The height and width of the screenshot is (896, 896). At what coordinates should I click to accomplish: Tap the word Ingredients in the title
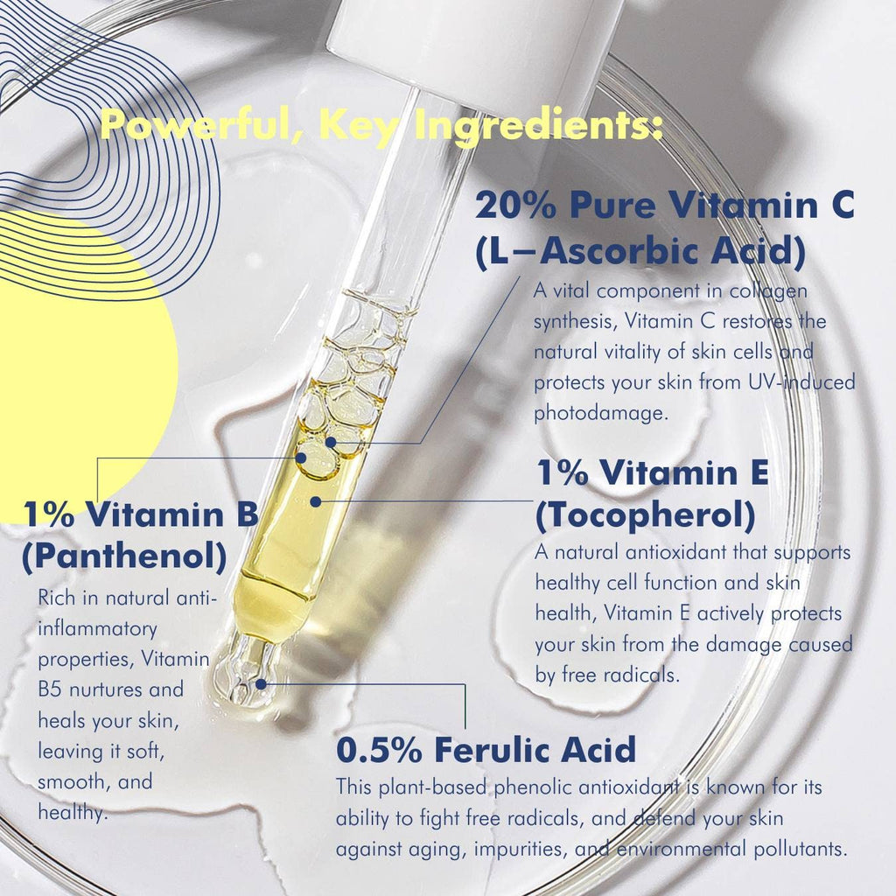coord(538,127)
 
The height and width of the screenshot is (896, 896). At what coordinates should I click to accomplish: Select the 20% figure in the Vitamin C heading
coord(515,205)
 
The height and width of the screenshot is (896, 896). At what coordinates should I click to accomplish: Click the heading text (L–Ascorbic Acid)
coord(640,251)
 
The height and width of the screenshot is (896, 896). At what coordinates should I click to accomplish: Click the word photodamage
coord(600,413)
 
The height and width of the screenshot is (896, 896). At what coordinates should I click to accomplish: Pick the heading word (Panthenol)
coord(124,556)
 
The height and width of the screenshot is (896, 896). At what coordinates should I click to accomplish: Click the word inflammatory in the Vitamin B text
coord(97,629)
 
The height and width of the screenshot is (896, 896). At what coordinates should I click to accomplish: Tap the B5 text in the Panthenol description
coord(49,689)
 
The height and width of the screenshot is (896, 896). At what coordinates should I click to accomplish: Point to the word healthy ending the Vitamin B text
coord(73,813)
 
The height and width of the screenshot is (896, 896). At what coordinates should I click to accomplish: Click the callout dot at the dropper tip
coord(261,684)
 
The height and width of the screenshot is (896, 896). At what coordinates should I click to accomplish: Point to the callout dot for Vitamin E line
coord(315,501)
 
